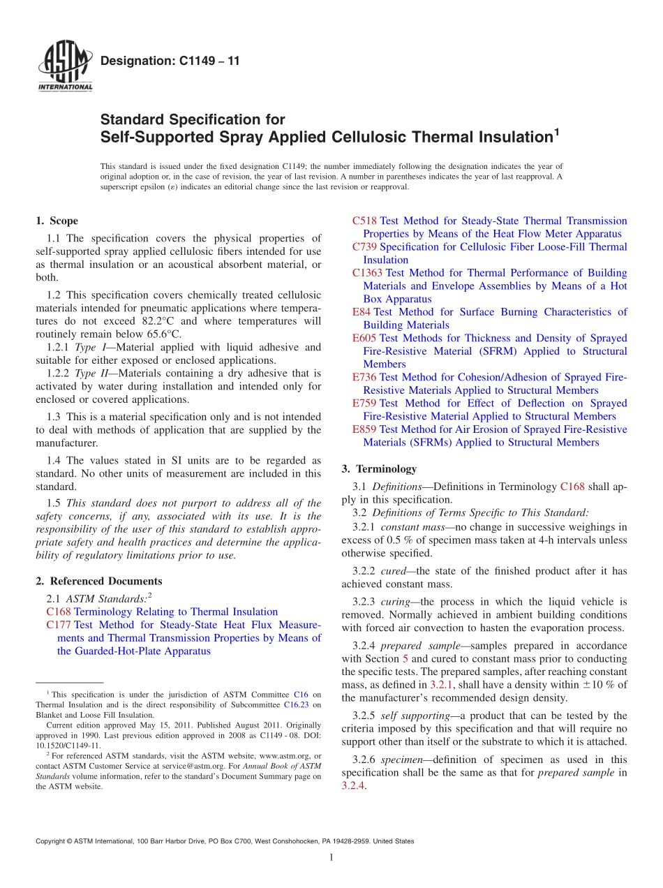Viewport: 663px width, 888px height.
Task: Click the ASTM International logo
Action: (64, 66)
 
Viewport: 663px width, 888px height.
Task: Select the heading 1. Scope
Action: (57, 221)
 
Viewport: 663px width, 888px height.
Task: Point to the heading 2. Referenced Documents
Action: (99, 581)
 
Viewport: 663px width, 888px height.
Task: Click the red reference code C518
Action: (364, 221)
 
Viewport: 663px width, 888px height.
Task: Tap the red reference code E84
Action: (362, 312)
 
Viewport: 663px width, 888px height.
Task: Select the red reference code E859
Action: (364, 429)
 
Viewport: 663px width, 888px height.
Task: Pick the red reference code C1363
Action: (367, 273)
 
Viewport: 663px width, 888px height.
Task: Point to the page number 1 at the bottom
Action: (331, 857)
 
